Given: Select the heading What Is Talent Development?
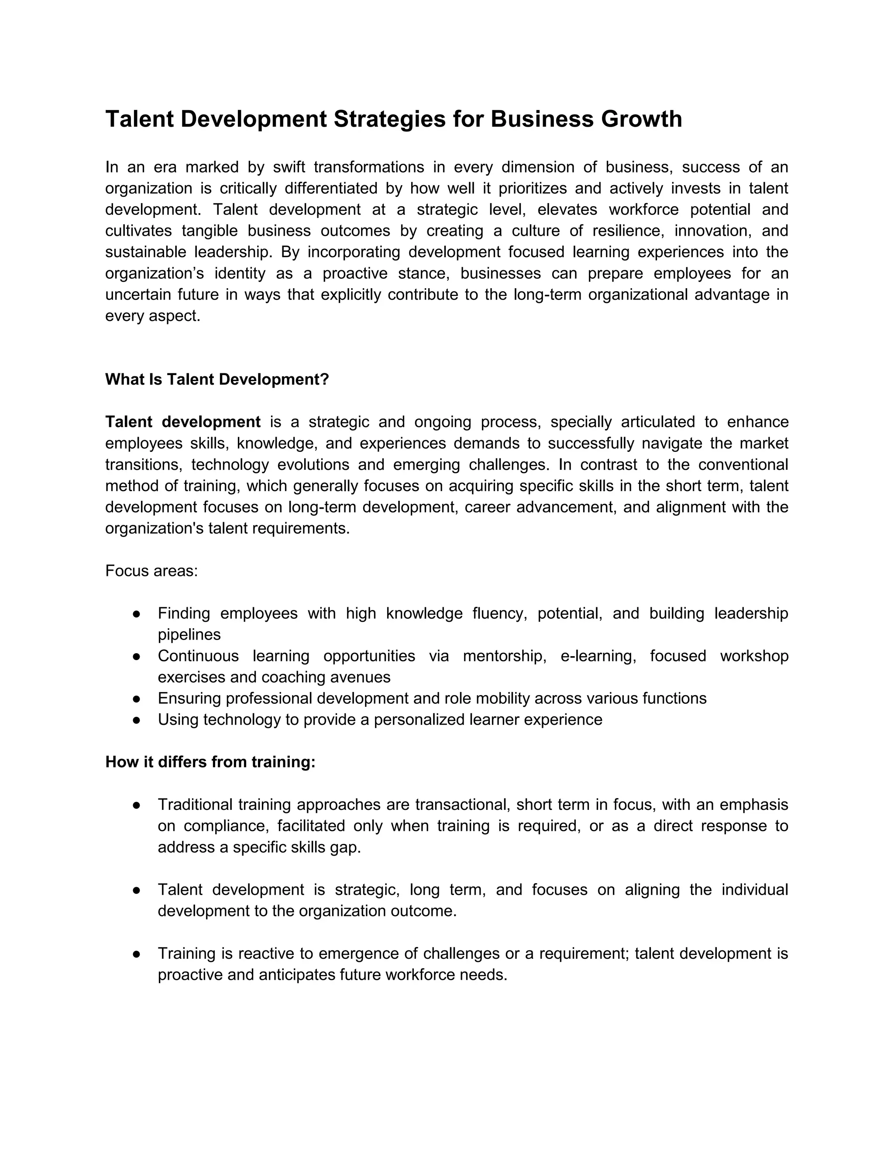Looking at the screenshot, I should [217, 379].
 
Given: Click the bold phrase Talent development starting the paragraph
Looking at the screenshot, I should [183, 422].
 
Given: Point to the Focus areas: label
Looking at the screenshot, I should [151, 571].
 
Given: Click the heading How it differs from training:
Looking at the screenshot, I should [210, 762].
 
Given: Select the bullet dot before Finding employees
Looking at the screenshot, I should [136, 614].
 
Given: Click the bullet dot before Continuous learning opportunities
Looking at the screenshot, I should [136, 656].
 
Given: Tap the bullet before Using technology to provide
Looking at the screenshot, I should [136, 720].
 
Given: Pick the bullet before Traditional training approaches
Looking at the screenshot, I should [136, 805].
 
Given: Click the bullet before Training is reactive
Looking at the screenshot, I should [136, 954].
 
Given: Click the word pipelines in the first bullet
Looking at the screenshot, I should [189, 635].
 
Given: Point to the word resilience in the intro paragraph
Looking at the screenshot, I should [628, 231].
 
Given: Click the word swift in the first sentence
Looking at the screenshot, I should [289, 167].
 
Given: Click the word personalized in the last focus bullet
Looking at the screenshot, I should [417, 720].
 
